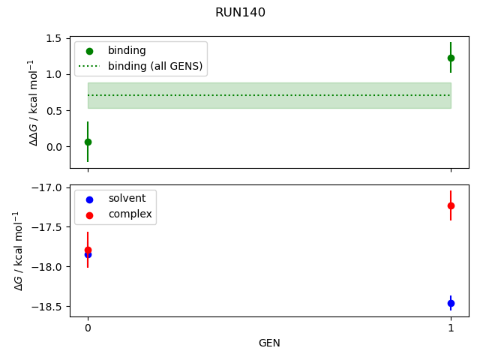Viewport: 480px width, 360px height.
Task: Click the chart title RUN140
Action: click(240, 13)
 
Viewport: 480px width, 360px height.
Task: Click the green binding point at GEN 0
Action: click(88, 142)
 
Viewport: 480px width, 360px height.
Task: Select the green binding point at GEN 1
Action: click(451, 58)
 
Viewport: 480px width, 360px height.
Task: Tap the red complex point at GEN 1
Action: click(451, 205)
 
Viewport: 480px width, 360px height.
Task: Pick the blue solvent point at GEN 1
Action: click(451, 303)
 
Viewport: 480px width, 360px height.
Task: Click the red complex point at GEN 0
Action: click(88, 250)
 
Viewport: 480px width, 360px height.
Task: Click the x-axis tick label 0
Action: click(88, 328)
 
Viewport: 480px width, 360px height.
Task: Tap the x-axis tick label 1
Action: click(451, 328)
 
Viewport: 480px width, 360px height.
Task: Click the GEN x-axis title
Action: click(269, 343)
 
